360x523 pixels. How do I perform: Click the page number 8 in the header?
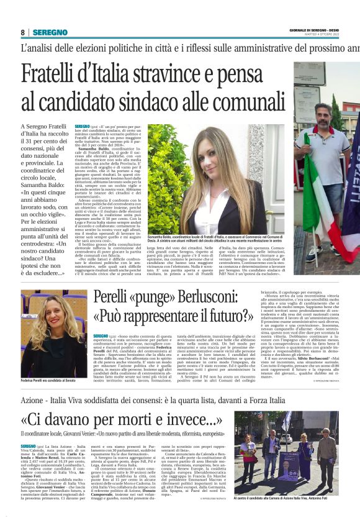pyautogui.click(x=23, y=32)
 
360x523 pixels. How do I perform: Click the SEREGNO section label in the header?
pyautogui.click(x=52, y=32)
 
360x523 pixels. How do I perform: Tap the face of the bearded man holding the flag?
pyautogui.click(x=323, y=115)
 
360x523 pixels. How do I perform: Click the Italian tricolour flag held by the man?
pyautogui.click(x=317, y=180)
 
